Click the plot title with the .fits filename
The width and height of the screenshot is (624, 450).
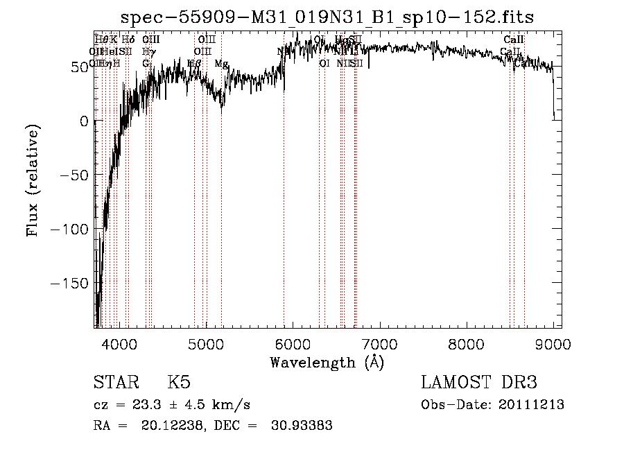(327, 17)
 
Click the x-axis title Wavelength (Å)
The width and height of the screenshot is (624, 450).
(327, 362)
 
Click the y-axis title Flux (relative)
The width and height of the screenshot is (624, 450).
(33, 181)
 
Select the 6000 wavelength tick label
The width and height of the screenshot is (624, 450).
(293, 343)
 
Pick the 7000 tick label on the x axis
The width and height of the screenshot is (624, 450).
(379, 343)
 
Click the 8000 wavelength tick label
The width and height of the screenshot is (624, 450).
(466, 343)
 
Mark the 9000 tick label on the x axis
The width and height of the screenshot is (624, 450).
(553, 343)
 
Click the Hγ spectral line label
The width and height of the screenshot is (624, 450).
(148, 51)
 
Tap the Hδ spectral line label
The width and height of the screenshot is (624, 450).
(128, 40)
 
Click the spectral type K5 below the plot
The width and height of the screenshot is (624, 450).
(179, 383)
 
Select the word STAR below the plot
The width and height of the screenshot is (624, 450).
(116, 383)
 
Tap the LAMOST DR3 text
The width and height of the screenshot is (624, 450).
(478, 383)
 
